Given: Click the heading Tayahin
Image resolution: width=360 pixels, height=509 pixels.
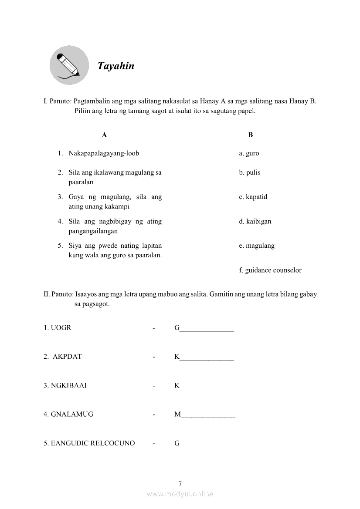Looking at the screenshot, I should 115,66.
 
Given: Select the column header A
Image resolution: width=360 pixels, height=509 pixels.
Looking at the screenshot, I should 104,135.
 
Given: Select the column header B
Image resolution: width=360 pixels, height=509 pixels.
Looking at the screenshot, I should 250,135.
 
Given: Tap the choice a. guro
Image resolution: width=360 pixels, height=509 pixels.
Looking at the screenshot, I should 249,153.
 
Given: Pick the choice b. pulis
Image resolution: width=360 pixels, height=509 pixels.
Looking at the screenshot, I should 249,172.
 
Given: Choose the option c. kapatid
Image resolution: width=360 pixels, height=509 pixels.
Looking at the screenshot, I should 253,197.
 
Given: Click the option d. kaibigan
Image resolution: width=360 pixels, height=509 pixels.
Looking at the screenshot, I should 255,221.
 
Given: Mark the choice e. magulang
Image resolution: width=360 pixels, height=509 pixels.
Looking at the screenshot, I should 257,246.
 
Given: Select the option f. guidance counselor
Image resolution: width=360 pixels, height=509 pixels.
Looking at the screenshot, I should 270,270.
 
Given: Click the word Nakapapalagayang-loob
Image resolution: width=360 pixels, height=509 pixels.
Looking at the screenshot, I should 104,153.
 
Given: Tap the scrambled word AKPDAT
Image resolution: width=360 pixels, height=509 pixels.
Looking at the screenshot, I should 67,357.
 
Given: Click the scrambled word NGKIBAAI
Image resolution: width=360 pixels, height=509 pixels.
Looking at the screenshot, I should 68,385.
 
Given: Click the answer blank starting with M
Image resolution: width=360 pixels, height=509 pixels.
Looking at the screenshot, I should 205,415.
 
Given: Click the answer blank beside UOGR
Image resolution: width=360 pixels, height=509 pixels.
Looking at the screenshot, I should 204,328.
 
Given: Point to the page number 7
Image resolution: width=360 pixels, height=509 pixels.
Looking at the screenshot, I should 180,483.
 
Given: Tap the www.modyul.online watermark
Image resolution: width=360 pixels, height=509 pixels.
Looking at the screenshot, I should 180,494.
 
